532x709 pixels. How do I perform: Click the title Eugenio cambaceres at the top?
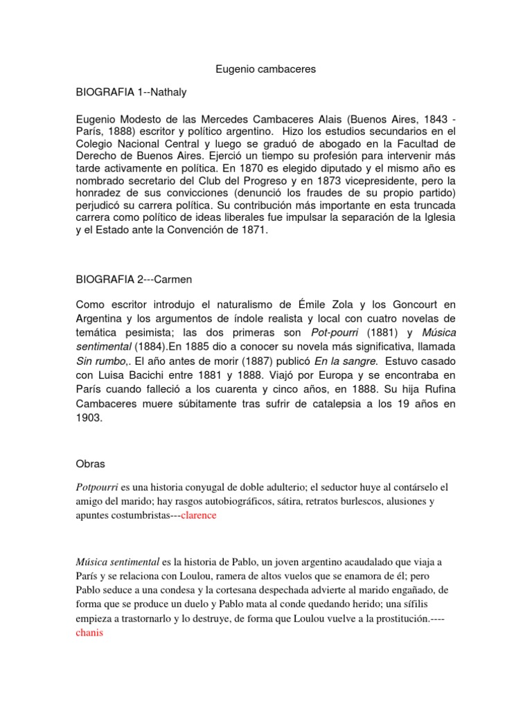[265, 70]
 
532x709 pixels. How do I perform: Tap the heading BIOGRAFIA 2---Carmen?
[134, 279]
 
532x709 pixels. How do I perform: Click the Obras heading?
[90, 467]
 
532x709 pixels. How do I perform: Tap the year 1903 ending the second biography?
[90, 418]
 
